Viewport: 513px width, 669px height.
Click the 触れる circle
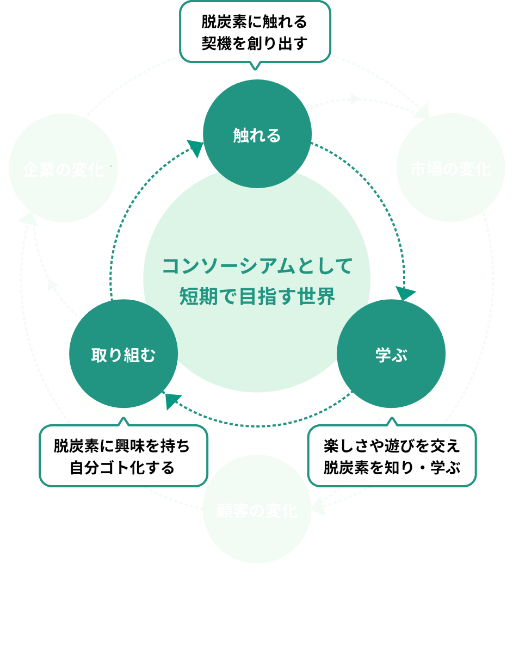[257, 134]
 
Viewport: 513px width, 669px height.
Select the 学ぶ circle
[391, 355]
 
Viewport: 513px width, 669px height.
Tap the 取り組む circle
[123, 355]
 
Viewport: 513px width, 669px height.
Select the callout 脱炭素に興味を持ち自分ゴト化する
[123, 456]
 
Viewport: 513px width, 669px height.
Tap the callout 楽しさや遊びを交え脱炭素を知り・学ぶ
[392, 456]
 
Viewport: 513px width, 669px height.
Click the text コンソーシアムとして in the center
[257, 267]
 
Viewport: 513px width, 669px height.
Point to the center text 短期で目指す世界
[257, 297]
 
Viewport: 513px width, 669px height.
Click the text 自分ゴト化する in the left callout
[123, 467]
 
